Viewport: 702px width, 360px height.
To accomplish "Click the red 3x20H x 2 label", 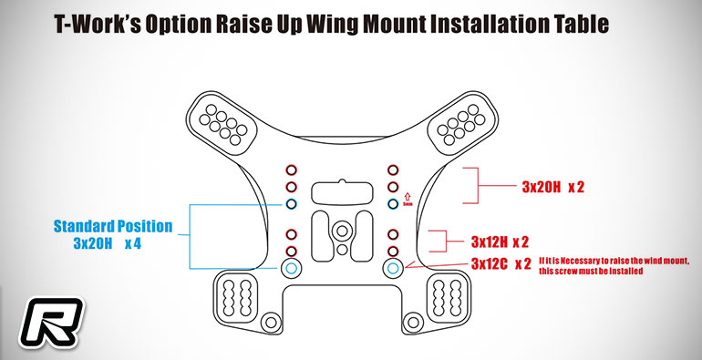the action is click(552, 187).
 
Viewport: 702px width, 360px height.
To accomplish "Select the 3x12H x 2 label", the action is click(500, 242).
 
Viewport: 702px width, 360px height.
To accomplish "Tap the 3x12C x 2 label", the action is click(501, 264).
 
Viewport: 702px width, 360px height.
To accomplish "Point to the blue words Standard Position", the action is click(113, 226).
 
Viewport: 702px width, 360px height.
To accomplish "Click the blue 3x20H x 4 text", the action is click(108, 244).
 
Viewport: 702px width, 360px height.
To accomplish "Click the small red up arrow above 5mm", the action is click(407, 196).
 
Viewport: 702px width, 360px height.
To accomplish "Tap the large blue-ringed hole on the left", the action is click(291, 268).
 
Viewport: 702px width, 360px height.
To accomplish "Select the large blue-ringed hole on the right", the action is click(393, 268).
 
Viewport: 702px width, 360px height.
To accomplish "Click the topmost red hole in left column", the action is click(292, 170).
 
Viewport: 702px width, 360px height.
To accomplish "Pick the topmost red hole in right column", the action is click(393, 170).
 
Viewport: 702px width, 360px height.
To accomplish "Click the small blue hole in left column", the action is click(292, 204).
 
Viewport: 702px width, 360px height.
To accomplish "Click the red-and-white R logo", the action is click(51, 323).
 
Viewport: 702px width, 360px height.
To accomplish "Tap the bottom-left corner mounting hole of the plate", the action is click(271, 322).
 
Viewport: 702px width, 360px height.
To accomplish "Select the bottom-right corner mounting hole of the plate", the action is click(413, 322).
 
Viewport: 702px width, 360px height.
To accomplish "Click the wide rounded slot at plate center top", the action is click(342, 193).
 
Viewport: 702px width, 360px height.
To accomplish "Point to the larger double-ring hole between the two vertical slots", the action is click(342, 231).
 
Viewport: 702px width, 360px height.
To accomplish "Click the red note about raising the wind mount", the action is click(614, 266).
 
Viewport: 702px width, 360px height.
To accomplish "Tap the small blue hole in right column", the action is click(393, 204).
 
